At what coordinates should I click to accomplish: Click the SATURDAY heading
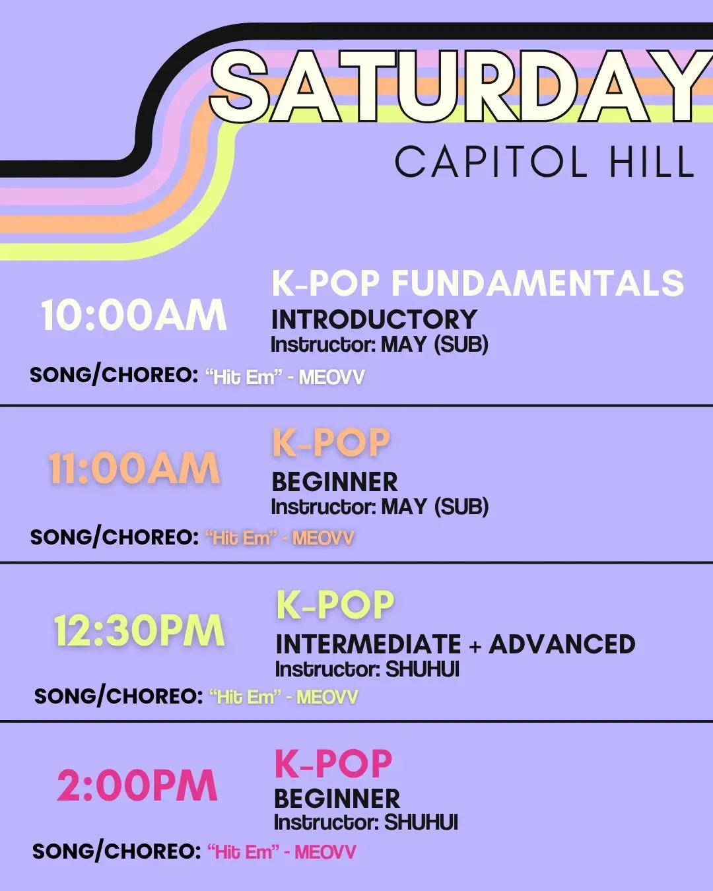coord(461,88)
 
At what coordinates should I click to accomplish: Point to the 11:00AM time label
coord(134,469)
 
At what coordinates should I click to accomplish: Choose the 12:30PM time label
coord(139,630)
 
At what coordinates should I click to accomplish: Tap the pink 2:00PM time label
coord(137,785)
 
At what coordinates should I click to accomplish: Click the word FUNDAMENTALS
coord(538,283)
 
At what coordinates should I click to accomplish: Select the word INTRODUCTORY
coord(374,319)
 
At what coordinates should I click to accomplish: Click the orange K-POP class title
coord(331,443)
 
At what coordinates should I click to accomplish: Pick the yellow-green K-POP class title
coord(335,605)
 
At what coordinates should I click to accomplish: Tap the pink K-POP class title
coord(333,764)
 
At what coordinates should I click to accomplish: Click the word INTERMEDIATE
coord(368,644)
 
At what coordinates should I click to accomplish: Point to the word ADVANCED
coord(562,644)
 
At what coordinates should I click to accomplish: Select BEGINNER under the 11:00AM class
coord(335,482)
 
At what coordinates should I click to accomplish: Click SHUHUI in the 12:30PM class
coord(423,669)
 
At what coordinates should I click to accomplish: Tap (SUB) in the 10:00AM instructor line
coord(461,345)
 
